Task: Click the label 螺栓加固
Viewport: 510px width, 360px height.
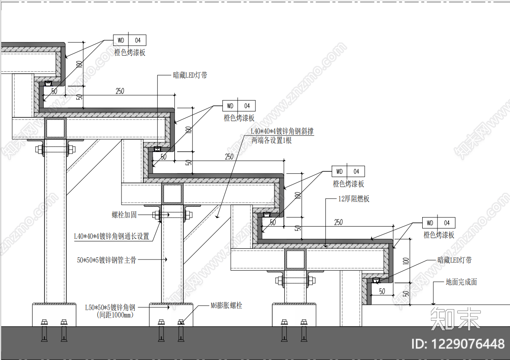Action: tap(124, 215)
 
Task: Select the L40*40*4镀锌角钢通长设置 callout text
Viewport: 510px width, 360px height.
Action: tap(112, 236)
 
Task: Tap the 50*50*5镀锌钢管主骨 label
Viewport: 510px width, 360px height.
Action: tap(107, 260)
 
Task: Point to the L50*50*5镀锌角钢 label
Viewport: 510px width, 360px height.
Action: tap(110, 307)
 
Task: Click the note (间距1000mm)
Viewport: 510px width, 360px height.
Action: tap(115, 315)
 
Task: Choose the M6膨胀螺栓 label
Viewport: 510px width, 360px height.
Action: tap(226, 305)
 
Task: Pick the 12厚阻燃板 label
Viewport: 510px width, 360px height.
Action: tap(353, 199)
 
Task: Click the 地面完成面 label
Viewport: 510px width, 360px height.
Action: tap(461, 282)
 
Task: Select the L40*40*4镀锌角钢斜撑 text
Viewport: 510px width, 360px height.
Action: tap(282, 131)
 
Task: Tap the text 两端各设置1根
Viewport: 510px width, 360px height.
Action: tap(271, 140)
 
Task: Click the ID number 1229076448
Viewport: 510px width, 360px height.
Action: tap(458, 344)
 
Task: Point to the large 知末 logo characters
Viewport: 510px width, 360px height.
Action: tap(456, 319)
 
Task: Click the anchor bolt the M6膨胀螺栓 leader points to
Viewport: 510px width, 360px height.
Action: tap(181, 331)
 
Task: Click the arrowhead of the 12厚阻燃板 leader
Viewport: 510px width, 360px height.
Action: tap(325, 246)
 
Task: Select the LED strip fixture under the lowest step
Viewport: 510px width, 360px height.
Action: tap(375, 281)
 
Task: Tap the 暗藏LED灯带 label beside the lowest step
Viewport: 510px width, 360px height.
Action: tap(454, 260)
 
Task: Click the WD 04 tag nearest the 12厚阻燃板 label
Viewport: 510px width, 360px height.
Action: tap(348, 171)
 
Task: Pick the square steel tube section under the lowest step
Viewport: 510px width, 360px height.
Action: tap(295, 260)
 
